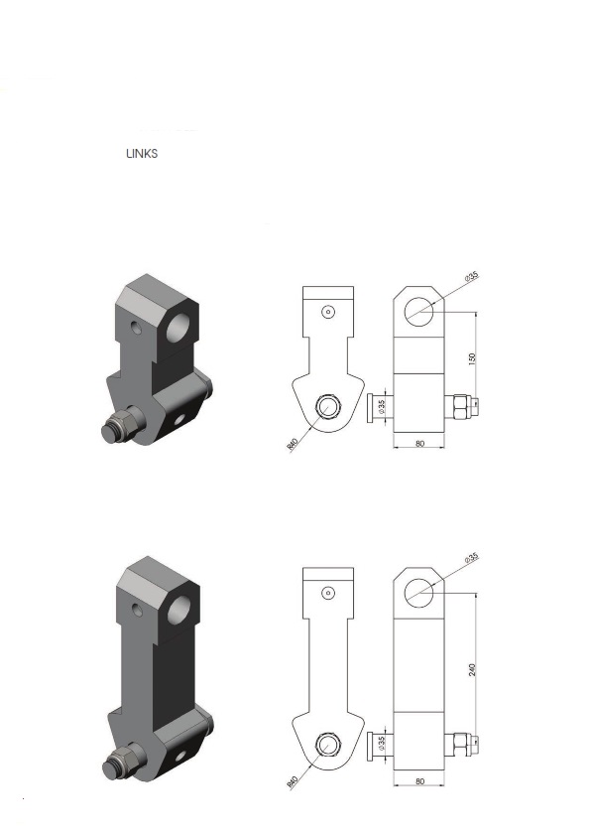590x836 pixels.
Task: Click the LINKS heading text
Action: [x=142, y=154]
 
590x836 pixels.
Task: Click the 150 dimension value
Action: [x=472, y=358]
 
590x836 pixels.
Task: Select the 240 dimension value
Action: [x=472, y=670]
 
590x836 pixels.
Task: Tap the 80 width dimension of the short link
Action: [x=419, y=444]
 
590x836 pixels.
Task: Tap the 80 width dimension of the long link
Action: [x=419, y=781]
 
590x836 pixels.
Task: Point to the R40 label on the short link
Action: [x=293, y=445]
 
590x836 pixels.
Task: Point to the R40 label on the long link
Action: [x=293, y=782]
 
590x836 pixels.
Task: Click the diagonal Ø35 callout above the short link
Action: [x=472, y=277]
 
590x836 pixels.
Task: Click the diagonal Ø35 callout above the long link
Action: [x=472, y=558]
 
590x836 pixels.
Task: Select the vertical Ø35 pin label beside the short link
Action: [x=381, y=408]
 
